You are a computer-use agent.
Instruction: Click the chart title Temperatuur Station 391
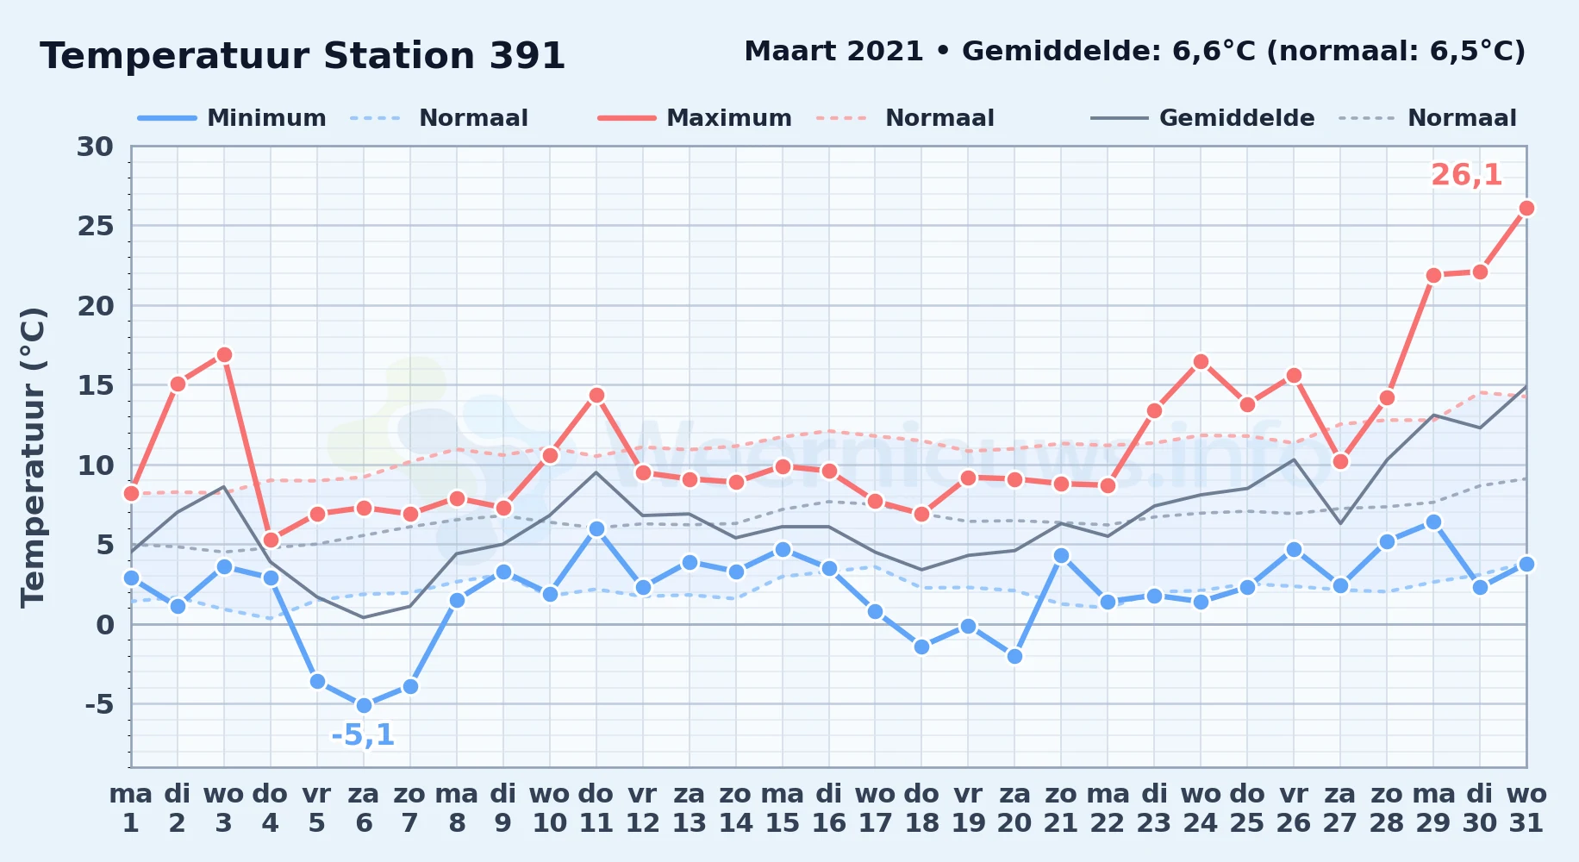point(303,56)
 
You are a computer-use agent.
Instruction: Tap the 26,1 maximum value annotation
point(1467,175)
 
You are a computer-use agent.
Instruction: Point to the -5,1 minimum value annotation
point(363,735)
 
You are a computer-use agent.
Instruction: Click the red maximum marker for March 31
point(1526,208)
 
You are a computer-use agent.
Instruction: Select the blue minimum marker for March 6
point(364,705)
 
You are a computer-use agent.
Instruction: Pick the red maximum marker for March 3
point(224,354)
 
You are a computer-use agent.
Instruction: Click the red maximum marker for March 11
point(596,395)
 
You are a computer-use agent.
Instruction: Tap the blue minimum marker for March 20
point(1014,656)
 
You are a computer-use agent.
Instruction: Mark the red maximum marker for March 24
point(1201,361)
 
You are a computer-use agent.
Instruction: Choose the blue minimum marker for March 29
point(1433,522)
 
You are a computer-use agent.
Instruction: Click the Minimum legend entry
point(232,118)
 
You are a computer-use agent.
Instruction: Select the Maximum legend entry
point(695,118)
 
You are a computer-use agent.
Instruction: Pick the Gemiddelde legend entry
point(1202,118)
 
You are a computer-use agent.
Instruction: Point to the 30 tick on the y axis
point(95,147)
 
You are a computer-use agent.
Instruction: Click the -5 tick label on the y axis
point(99,704)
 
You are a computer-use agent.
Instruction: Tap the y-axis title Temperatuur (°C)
point(33,457)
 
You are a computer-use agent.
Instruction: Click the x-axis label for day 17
point(875,809)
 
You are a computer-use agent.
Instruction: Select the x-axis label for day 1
point(131,809)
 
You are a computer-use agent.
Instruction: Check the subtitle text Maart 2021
point(833,51)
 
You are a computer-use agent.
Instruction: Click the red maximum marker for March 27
point(1340,461)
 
